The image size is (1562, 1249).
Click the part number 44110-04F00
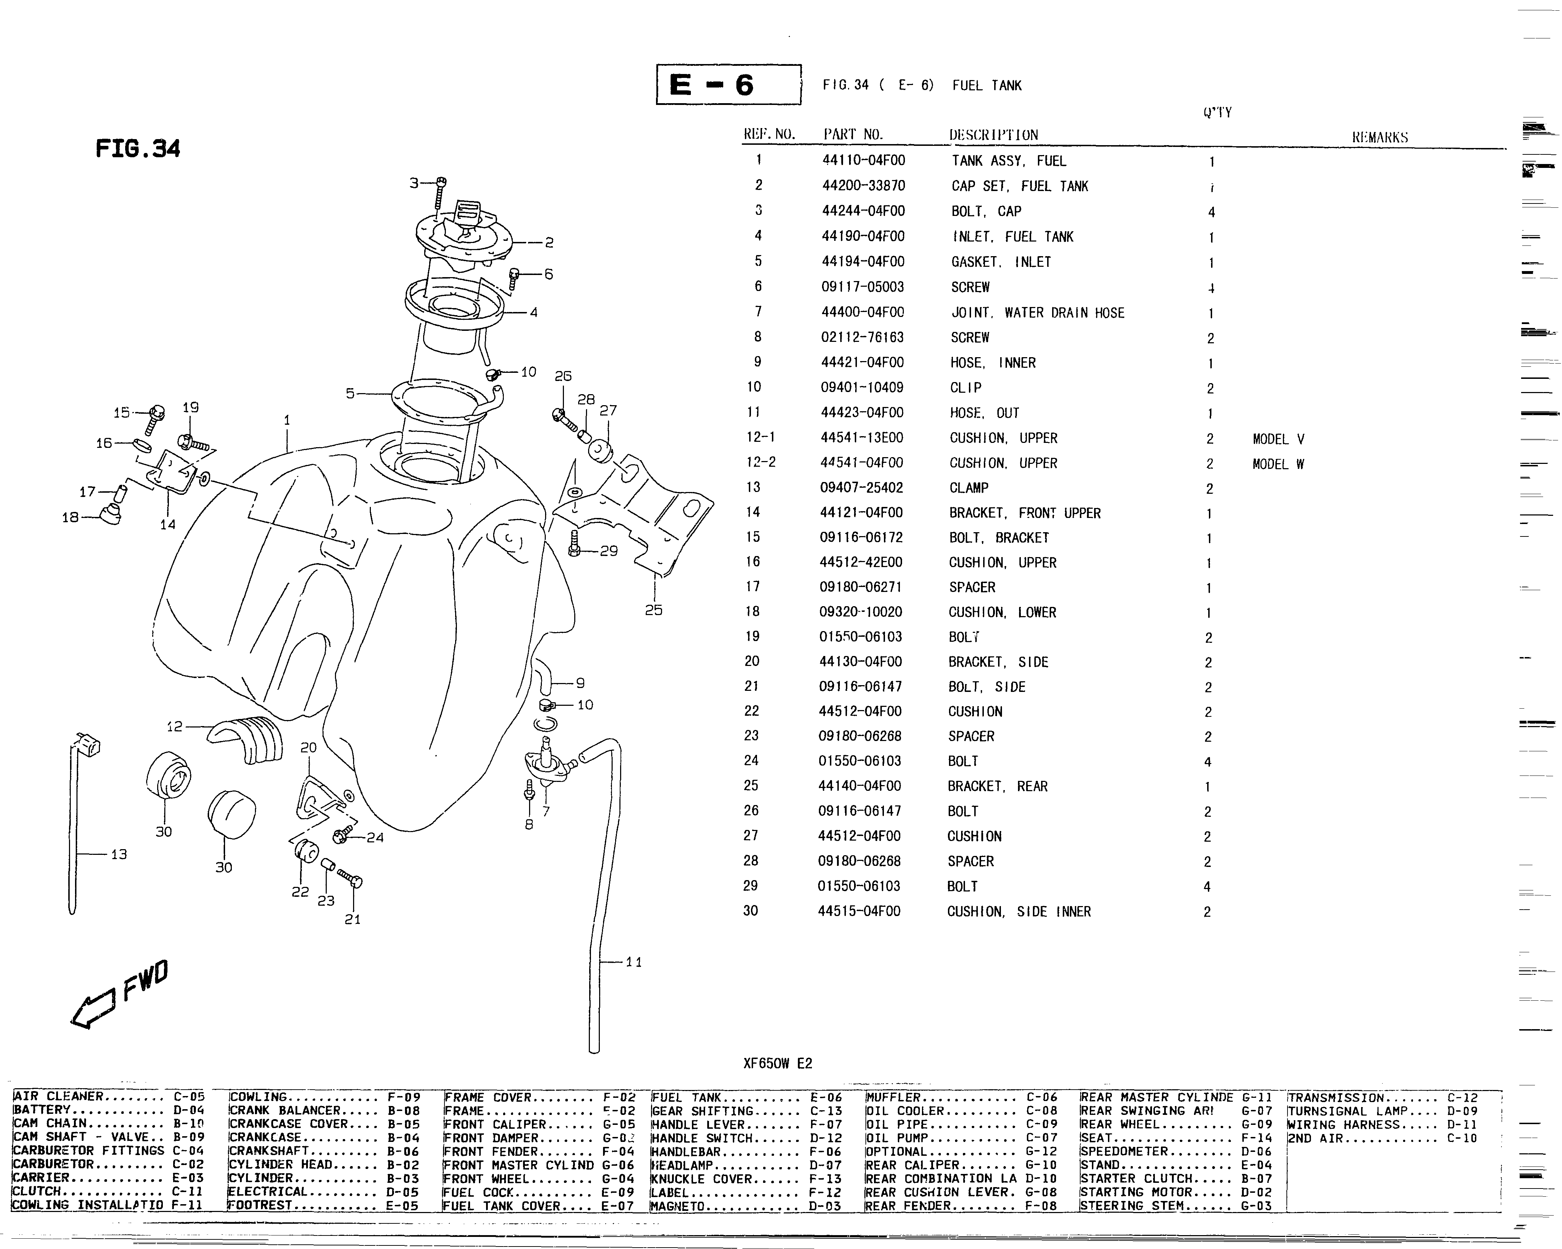click(863, 160)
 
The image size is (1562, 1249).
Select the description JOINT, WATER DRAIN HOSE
click(1038, 312)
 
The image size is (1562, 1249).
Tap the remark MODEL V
click(1278, 439)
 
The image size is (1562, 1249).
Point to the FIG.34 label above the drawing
click(138, 149)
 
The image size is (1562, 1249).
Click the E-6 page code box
click(728, 85)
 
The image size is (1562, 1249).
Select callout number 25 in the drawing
click(654, 610)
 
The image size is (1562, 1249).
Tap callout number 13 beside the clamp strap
click(119, 854)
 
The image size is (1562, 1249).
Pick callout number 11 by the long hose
click(634, 962)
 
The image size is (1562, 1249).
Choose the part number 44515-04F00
click(859, 911)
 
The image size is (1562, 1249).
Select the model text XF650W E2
click(777, 1063)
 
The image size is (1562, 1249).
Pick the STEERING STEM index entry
click(1175, 1206)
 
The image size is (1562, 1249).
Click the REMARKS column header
click(1380, 137)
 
